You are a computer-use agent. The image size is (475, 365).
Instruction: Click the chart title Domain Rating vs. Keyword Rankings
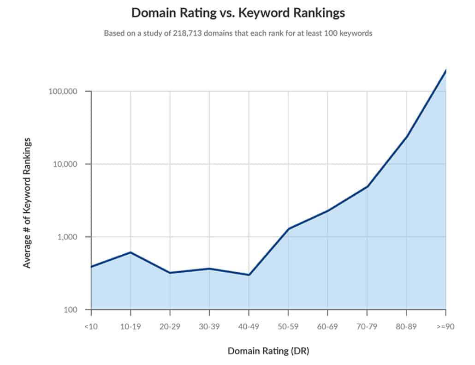coord(238,13)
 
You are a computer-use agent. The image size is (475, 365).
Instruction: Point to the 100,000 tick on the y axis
coord(64,91)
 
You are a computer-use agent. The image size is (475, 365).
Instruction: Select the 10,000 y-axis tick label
coord(66,164)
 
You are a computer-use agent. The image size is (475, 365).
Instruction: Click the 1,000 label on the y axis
coord(68,237)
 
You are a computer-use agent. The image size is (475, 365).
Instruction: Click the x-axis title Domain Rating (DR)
coord(268,351)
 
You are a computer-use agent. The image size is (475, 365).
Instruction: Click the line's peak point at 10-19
coord(131,252)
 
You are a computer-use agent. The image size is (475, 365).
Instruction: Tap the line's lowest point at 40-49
coord(249,275)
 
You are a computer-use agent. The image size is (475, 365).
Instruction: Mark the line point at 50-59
coord(288,229)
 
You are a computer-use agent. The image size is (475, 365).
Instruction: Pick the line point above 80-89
coord(407,137)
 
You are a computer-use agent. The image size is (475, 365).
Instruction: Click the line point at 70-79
coord(367,186)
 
